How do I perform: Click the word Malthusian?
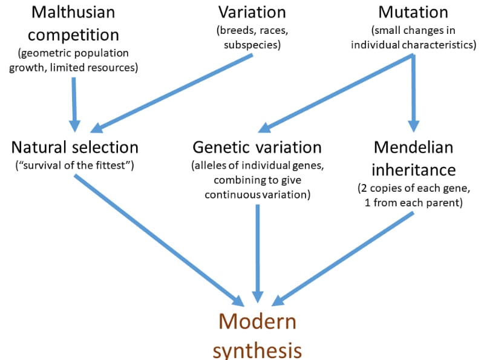(x=73, y=11)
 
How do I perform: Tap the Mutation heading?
(x=413, y=11)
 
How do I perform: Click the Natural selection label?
(x=74, y=147)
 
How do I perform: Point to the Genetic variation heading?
(x=257, y=147)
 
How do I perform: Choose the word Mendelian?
(x=413, y=147)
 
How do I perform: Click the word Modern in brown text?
(x=258, y=321)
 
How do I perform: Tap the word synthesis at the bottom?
(x=258, y=350)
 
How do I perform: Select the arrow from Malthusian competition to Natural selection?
(x=74, y=103)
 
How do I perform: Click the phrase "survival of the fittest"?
(x=74, y=165)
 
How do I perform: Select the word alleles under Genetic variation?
(x=209, y=165)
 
